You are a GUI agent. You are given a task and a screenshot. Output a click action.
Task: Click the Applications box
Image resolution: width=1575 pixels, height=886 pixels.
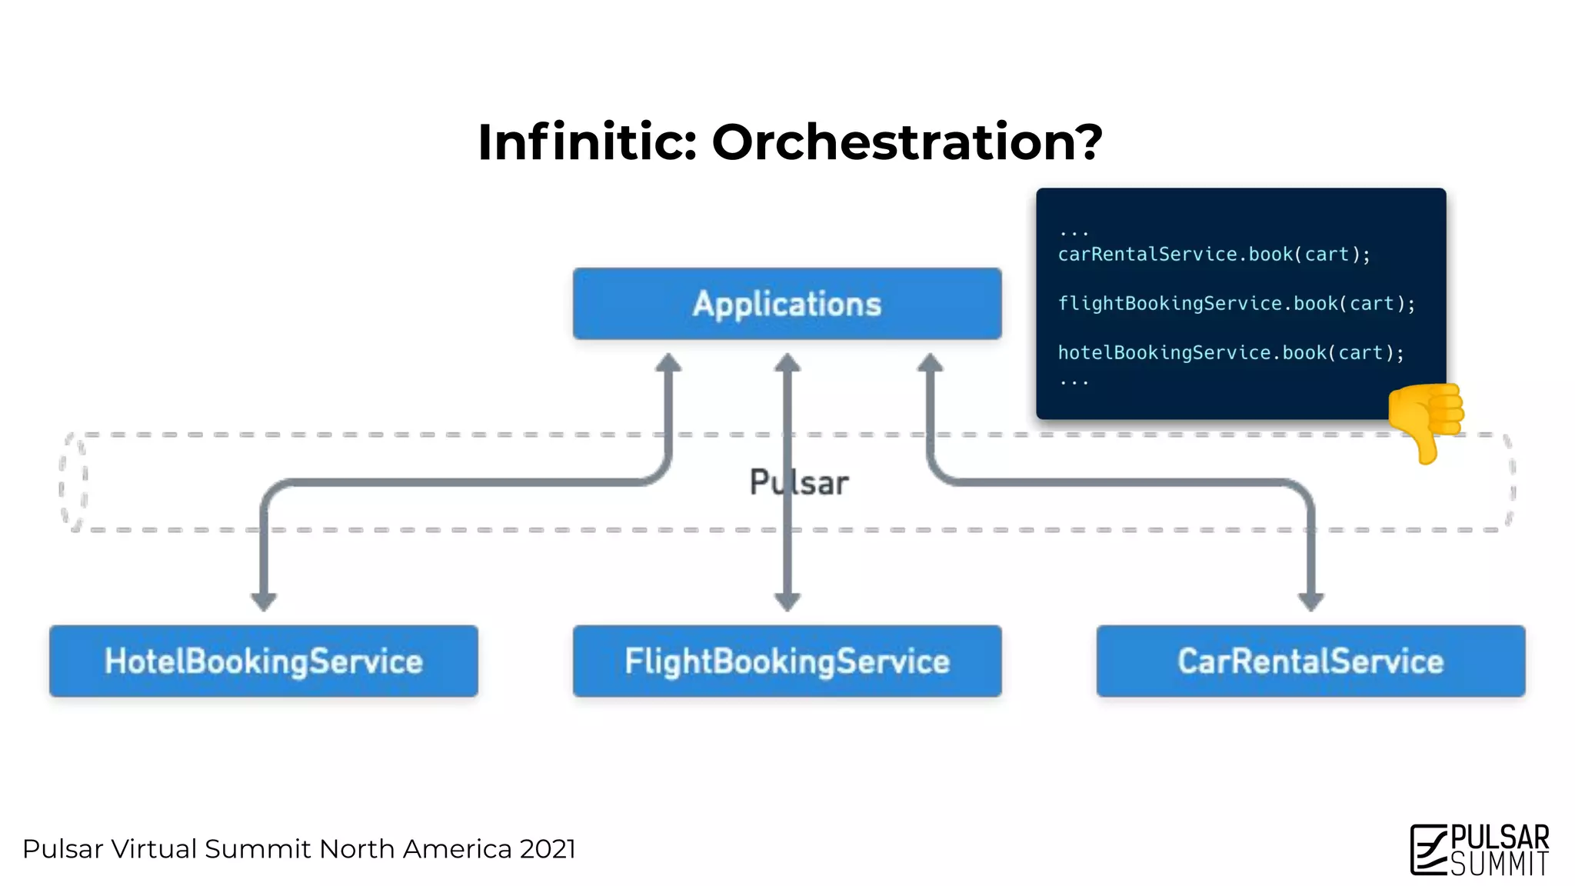787,304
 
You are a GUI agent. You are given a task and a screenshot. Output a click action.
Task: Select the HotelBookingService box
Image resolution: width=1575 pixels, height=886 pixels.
264,661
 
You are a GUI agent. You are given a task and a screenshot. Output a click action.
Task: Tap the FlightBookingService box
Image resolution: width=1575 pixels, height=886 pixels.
787,661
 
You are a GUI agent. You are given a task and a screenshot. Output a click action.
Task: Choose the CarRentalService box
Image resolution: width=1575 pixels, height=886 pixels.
1310,661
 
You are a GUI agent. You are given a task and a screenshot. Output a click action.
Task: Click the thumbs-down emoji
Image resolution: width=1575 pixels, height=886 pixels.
1427,421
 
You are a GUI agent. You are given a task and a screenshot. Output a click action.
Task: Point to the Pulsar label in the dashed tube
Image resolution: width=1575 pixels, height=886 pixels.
800,483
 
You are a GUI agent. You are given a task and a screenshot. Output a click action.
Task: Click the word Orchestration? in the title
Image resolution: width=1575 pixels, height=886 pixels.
907,142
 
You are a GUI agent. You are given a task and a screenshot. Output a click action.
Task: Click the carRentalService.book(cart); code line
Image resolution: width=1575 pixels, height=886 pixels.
1214,255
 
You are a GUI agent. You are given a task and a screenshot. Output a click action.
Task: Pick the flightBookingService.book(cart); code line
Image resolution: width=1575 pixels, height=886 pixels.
1236,304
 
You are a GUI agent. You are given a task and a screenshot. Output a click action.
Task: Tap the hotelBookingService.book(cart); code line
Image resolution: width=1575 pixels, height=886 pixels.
1230,353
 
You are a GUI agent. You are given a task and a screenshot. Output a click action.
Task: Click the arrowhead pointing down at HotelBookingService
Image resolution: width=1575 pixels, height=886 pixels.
264,601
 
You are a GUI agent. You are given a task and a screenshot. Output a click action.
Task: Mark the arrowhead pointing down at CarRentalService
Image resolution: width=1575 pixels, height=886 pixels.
1310,601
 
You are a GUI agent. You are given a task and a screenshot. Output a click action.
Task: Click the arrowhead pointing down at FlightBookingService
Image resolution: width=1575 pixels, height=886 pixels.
787,601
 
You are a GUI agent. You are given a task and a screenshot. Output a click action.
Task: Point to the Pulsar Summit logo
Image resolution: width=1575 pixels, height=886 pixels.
1480,850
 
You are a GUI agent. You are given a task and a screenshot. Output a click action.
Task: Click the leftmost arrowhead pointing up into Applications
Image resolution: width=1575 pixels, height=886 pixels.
668,363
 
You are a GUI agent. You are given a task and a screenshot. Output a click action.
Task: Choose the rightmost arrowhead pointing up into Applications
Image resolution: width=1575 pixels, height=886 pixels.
930,363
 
